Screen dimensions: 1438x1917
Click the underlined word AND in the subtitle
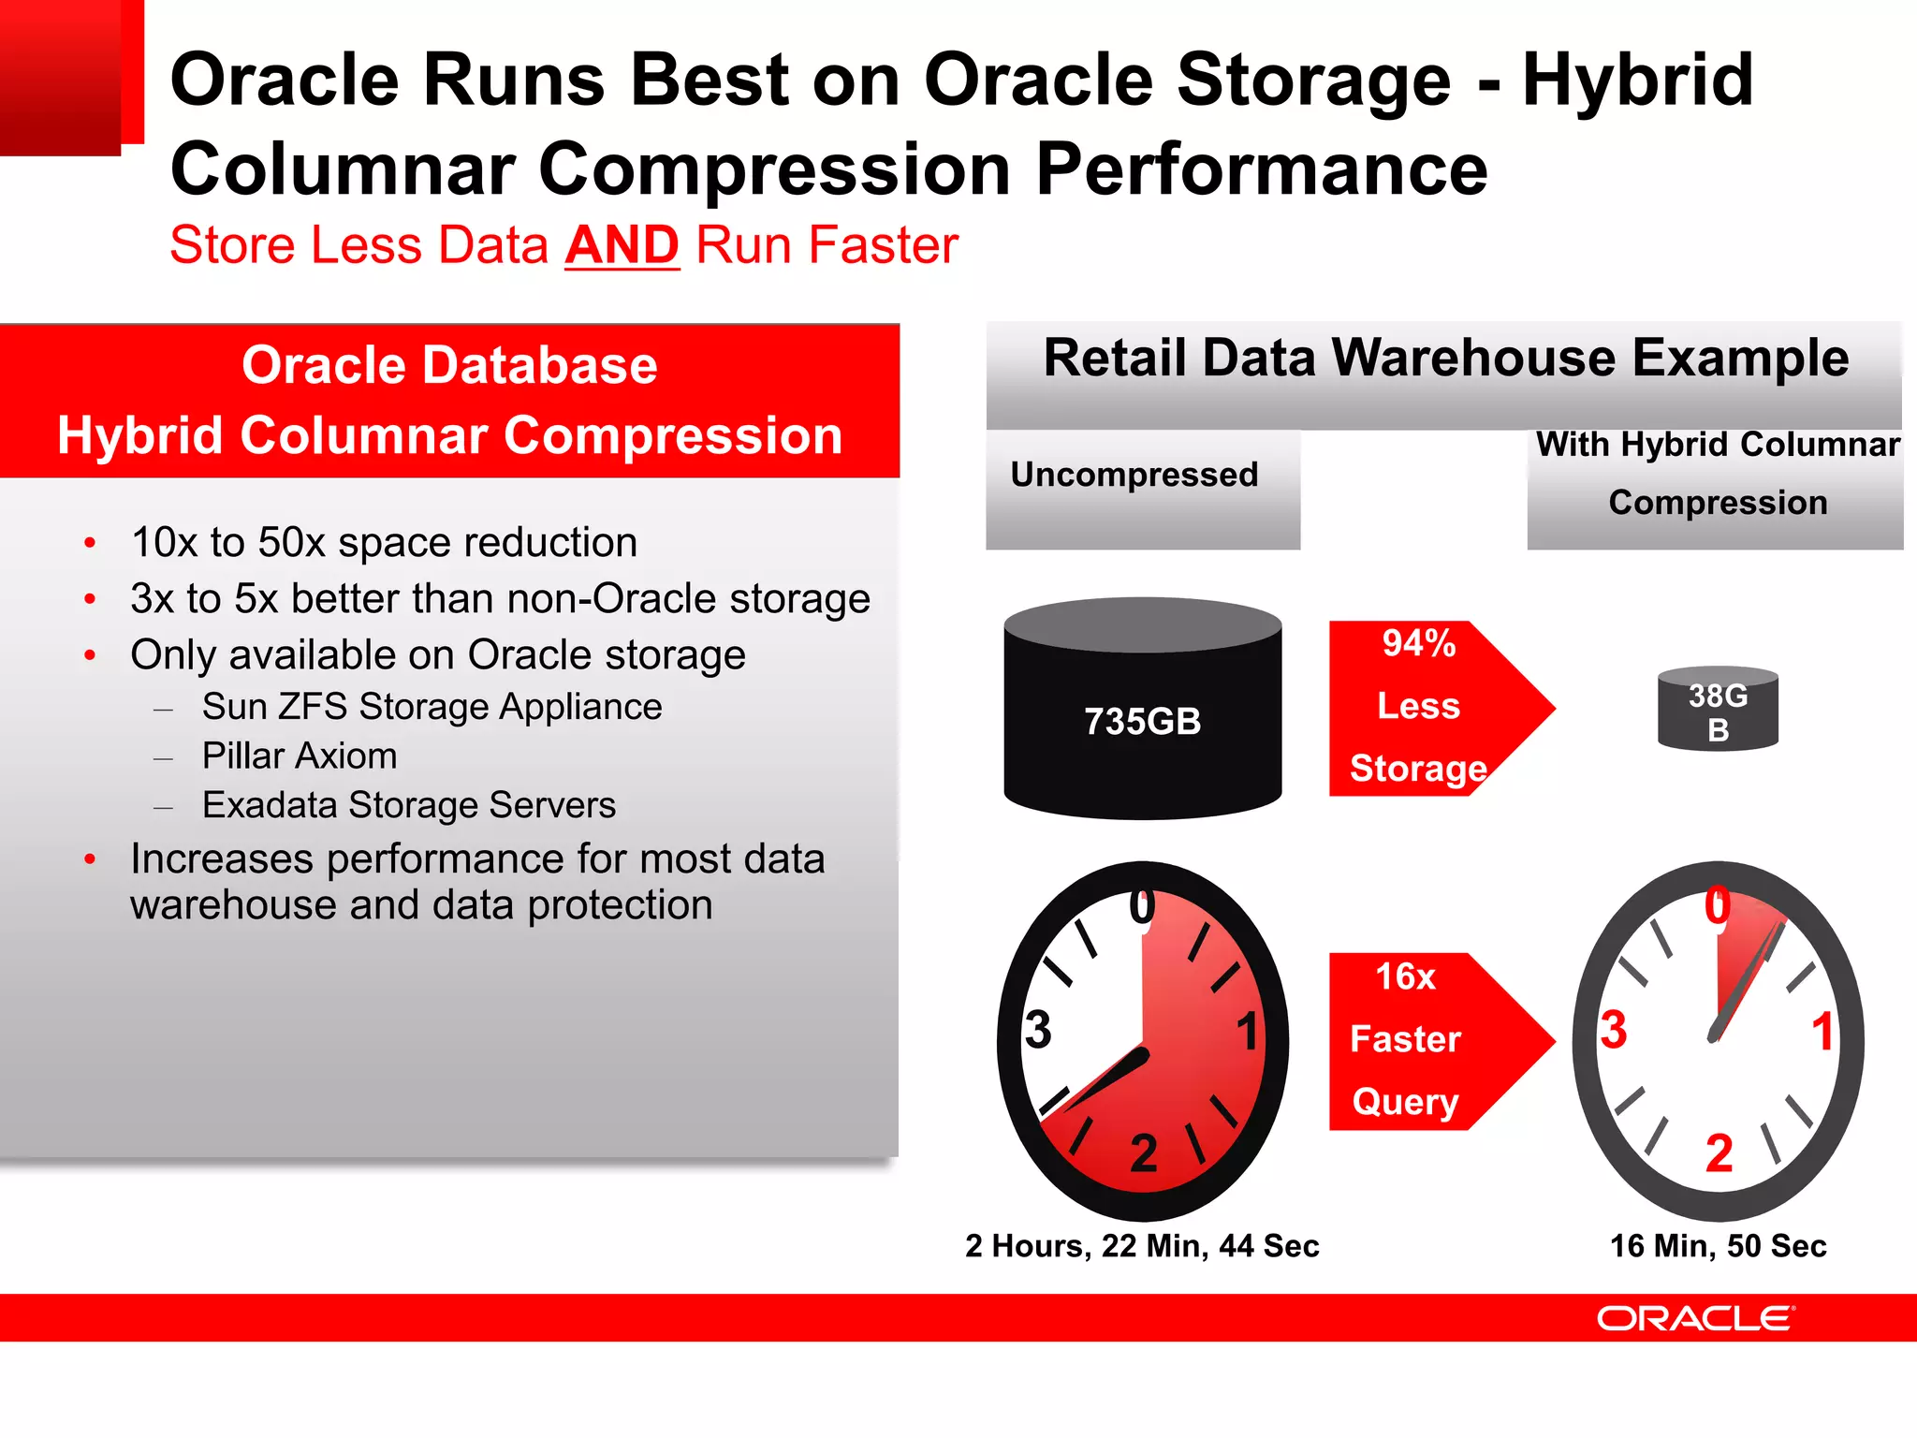coord(622,245)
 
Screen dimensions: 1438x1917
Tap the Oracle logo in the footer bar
coord(1695,1318)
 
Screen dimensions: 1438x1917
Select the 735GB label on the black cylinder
coord(1142,721)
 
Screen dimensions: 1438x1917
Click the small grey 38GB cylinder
coord(1718,710)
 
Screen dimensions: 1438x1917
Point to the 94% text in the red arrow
coord(1418,643)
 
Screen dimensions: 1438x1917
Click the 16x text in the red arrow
coord(1404,976)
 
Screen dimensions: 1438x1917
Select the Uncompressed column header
coord(1134,475)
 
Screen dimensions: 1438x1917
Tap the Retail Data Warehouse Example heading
coord(1445,358)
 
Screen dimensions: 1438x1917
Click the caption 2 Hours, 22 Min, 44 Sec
coord(1142,1246)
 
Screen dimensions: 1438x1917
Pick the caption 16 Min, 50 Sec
coord(1718,1246)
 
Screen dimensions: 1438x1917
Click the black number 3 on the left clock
coord(1037,1030)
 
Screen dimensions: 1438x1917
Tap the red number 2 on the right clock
coord(1719,1152)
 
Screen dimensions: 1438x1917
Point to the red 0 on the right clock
coord(1717,906)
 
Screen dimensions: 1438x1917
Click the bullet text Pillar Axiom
coord(300,756)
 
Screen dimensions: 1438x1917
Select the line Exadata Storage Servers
coord(409,805)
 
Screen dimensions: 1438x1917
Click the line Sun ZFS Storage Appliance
coord(432,707)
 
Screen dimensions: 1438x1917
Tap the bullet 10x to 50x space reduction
coord(384,542)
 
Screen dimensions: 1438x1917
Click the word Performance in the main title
coord(1261,169)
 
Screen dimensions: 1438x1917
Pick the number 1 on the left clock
coord(1247,1032)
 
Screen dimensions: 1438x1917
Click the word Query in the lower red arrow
coord(1405,1101)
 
